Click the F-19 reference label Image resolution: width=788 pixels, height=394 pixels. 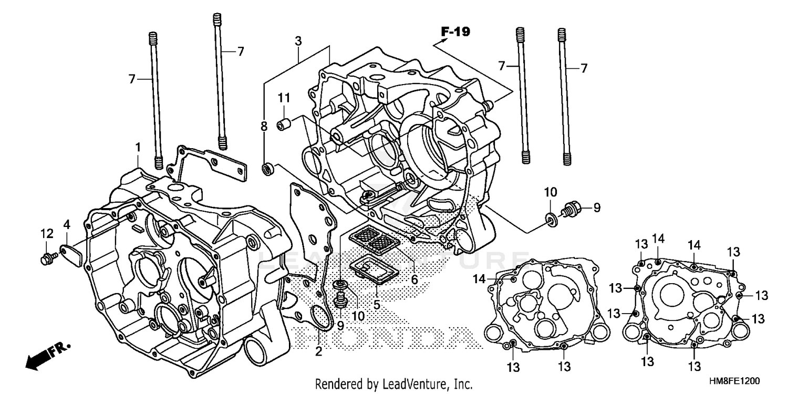click(x=455, y=32)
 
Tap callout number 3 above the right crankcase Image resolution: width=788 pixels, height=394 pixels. click(x=298, y=40)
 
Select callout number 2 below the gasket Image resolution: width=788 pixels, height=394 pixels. click(x=318, y=351)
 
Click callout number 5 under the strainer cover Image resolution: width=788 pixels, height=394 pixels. click(x=377, y=304)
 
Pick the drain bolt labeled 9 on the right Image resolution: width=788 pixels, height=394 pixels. click(x=571, y=208)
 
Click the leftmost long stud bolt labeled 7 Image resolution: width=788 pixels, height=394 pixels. click(x=155, y=100)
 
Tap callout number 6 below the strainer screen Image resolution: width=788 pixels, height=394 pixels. click(x=414, y=279)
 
